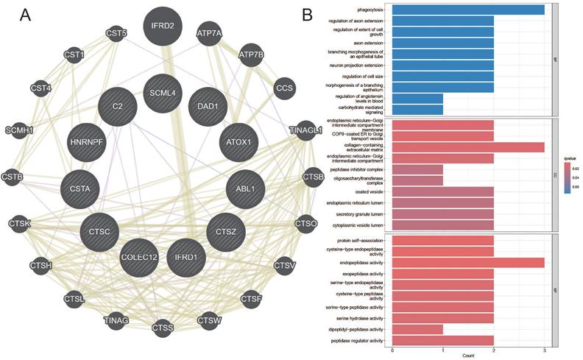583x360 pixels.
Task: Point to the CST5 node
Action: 117,32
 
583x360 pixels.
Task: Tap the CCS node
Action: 285,88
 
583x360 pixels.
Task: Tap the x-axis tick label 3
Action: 544,350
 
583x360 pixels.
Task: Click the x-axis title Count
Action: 468,356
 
